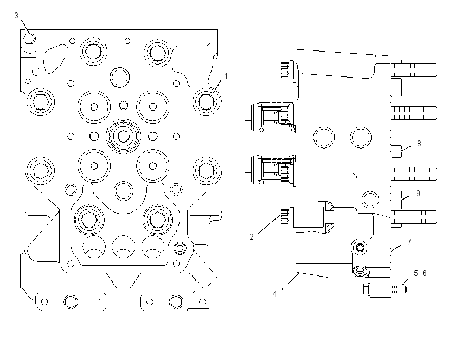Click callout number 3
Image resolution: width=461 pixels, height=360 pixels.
[x=16, y=16]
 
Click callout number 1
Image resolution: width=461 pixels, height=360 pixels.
[x=226, y=76]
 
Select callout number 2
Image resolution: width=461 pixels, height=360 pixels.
[x=251, y=237]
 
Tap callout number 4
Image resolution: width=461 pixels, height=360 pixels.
[x=274, y=294]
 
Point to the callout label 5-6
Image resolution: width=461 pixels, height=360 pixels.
[x=420, y=273]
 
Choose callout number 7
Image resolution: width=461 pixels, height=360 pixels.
[x=409, y=242]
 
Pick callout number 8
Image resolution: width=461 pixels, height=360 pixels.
[x=419, y=144]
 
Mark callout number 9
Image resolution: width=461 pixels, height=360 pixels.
[x=418, y=194]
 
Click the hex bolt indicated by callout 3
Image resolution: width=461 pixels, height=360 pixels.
[x=29, y=38]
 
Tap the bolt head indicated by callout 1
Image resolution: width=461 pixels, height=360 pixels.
[x=206, y=101]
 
